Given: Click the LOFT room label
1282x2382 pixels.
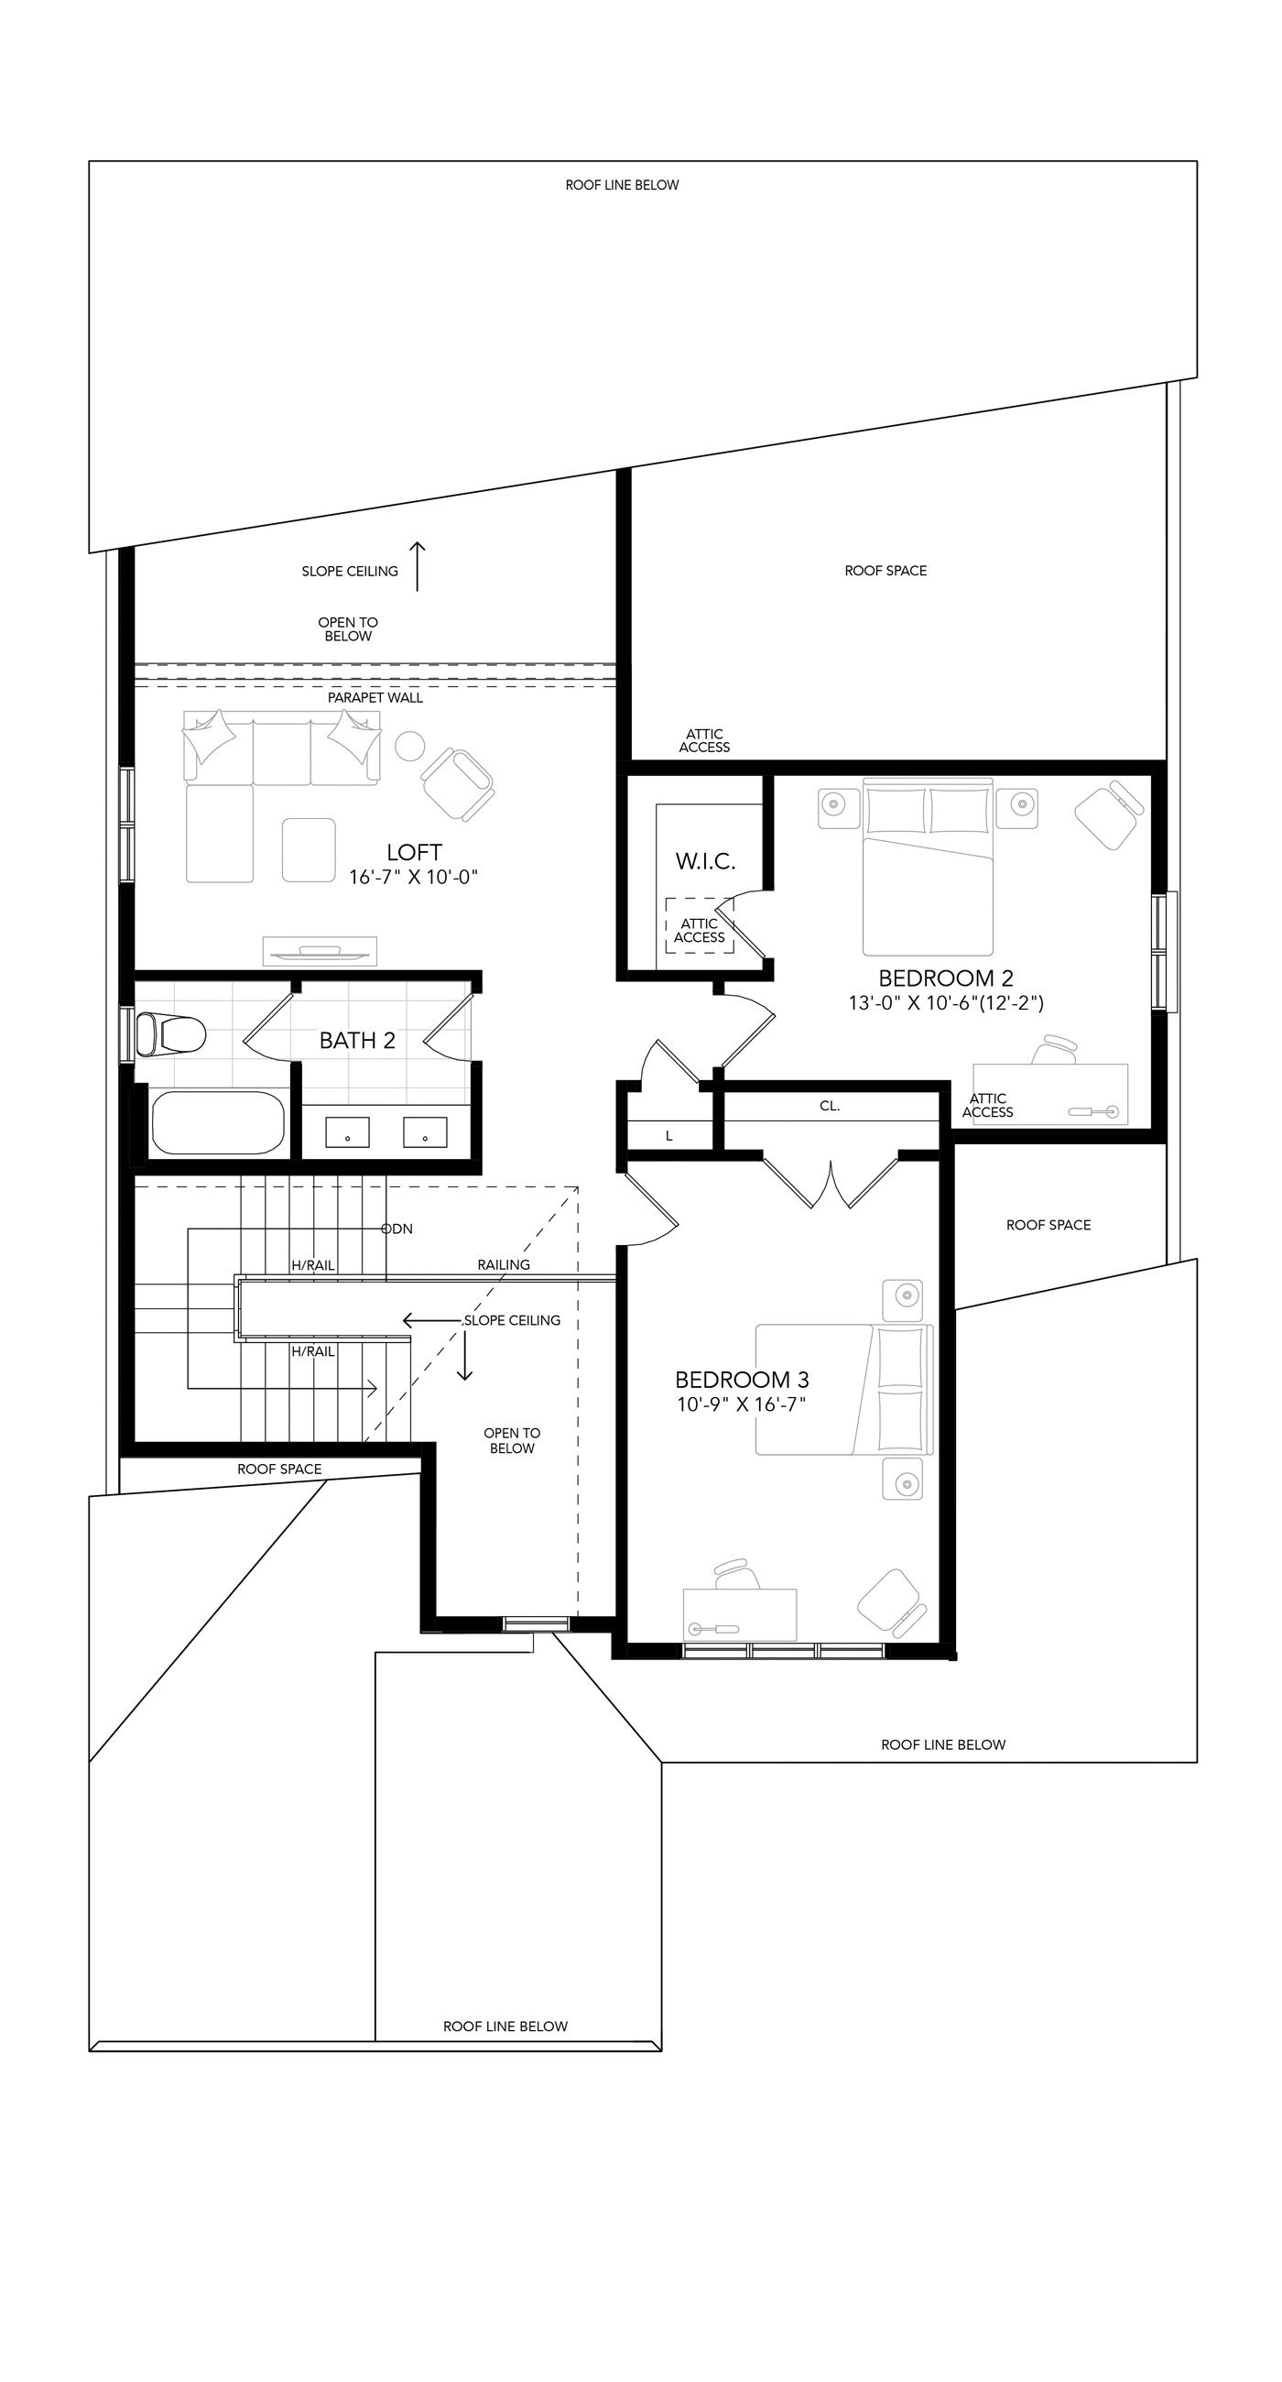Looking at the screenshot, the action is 414,852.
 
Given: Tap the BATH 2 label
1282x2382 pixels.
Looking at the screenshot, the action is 357,1040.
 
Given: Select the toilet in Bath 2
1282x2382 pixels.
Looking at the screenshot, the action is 170,1033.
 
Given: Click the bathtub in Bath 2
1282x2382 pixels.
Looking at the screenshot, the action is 218,1122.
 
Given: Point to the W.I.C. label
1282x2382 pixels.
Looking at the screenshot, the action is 705,861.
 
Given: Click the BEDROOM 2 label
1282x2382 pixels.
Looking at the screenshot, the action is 946,978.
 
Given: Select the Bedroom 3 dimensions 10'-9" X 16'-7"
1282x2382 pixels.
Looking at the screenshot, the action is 743,1404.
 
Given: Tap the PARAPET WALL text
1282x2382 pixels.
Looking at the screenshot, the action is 375,697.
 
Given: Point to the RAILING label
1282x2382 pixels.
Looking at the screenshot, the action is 504,1264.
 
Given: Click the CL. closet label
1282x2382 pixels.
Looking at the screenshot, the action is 829,1105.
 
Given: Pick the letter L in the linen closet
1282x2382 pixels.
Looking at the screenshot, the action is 669,1135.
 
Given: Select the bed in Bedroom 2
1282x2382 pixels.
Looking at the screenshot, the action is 928,867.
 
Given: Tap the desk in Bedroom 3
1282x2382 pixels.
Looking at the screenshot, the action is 739,1613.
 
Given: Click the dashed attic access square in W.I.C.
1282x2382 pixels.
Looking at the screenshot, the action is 700,925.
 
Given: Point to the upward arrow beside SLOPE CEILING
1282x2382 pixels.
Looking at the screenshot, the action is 418,566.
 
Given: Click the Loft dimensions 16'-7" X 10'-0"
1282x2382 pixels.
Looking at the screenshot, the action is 413,877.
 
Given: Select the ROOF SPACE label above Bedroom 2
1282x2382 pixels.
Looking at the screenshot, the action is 885,571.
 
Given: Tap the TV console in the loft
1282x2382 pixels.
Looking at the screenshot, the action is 320,950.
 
